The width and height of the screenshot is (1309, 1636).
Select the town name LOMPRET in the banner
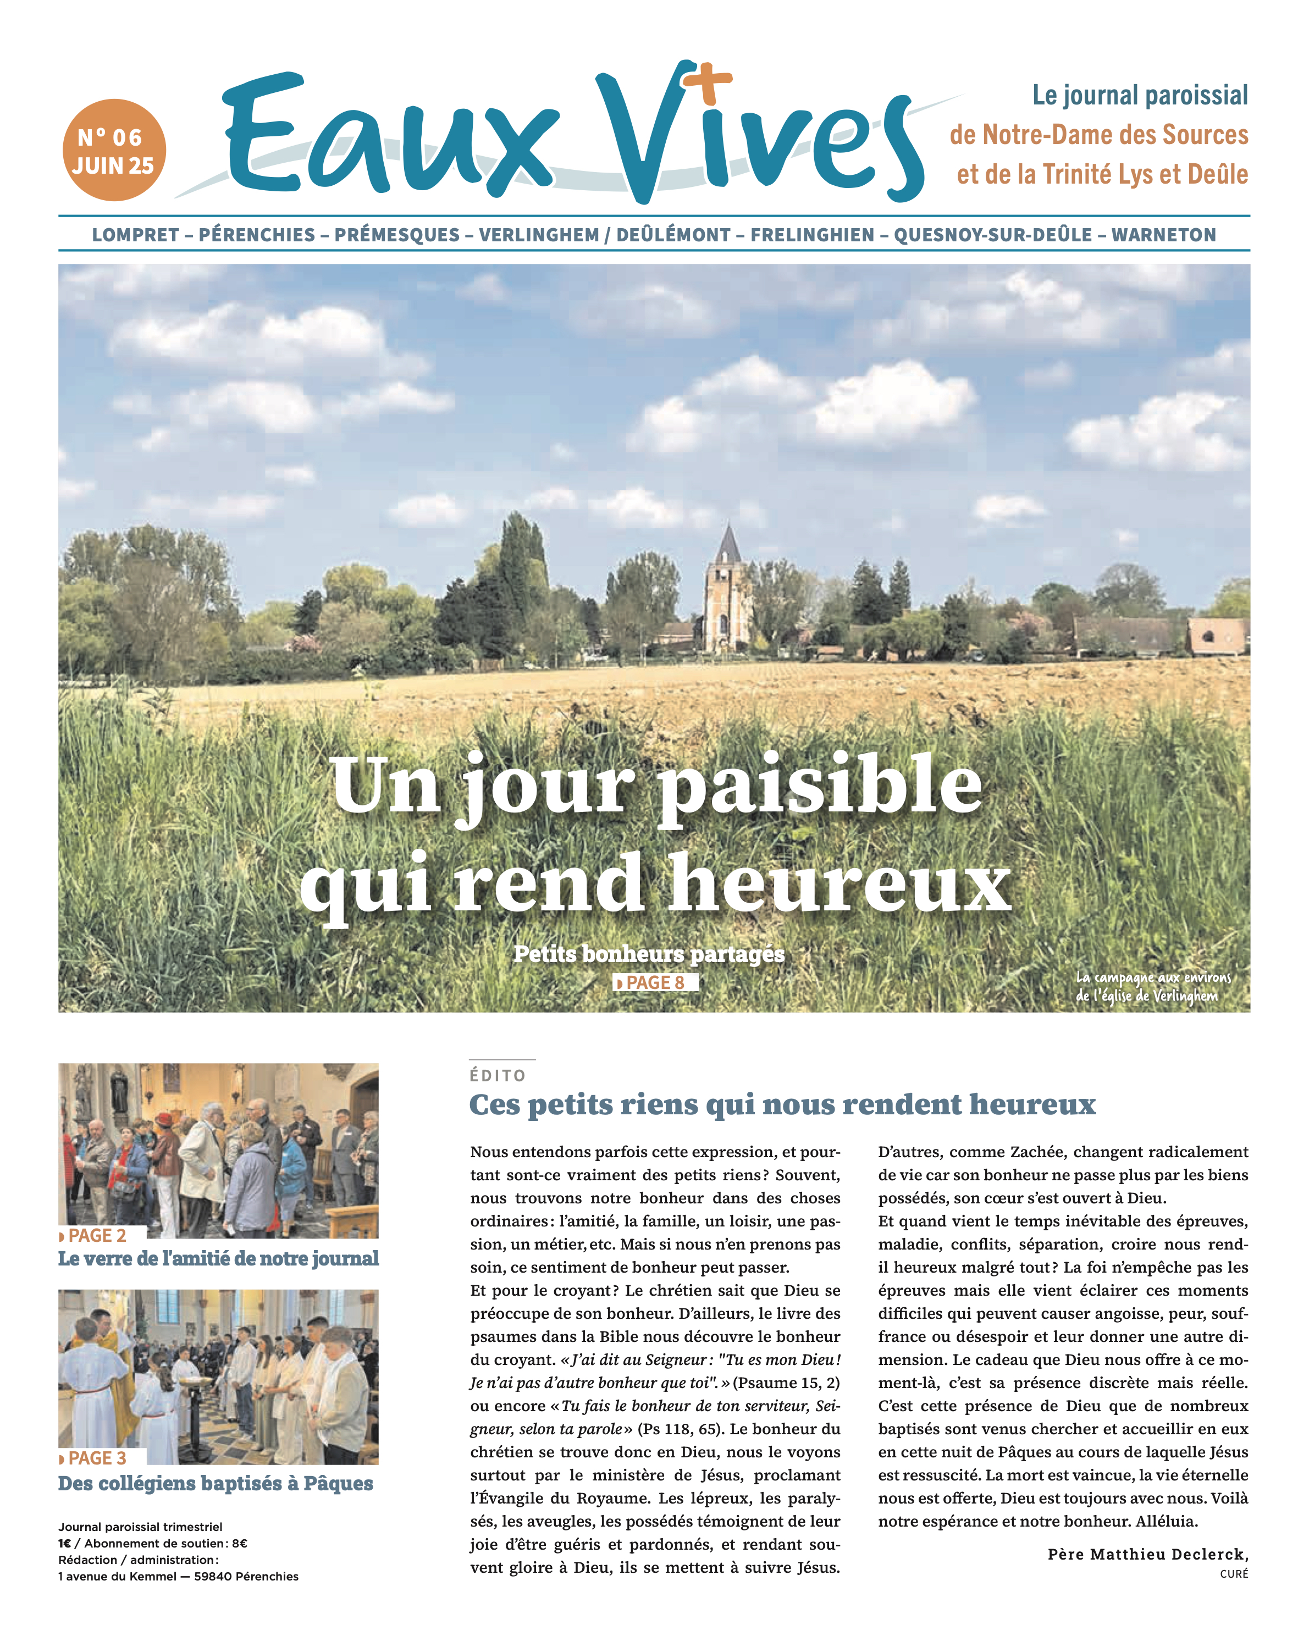135,235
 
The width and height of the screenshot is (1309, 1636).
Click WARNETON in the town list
1163,235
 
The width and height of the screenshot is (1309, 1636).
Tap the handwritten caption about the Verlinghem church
1153,986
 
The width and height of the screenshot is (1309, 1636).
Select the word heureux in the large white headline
840,883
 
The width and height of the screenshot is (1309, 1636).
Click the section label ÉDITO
498,1075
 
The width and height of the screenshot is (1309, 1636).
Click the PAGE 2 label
96,1235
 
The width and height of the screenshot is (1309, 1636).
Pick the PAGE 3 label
96,1458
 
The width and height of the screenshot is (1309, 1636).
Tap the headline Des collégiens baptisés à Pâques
216,1484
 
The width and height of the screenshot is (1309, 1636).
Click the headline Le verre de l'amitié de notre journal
219,1259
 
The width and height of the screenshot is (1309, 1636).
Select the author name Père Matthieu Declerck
1147,1554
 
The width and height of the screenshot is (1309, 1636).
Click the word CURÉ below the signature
1233,1574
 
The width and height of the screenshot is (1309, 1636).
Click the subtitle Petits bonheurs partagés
649,954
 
